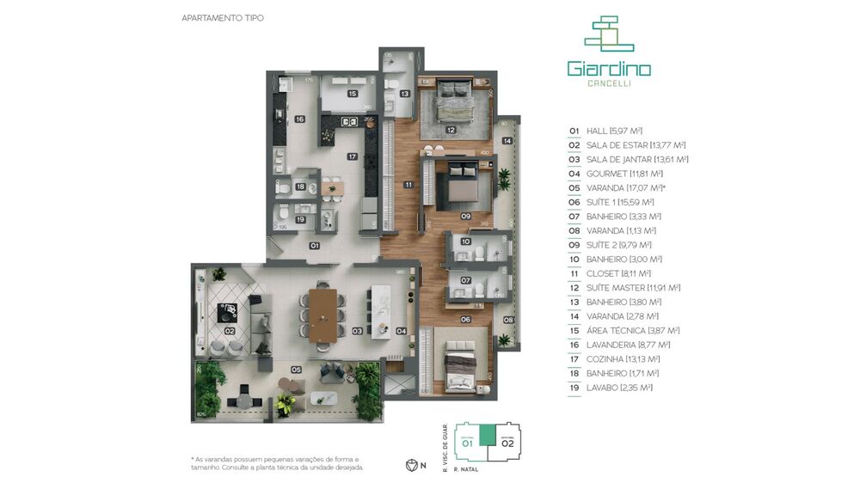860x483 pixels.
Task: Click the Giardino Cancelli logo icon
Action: coord(609,34)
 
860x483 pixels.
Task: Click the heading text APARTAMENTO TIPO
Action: coord(223,17)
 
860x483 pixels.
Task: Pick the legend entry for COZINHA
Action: coord(614,359)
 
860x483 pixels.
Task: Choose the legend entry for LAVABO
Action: coord(611,388)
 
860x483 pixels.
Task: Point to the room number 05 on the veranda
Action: coord(295,370)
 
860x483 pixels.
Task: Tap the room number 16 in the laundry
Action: coord(299,119)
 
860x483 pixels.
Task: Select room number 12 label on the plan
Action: coord(451,131)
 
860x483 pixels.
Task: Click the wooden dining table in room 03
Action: coord(324,316)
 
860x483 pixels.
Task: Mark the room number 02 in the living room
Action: coord(230,330)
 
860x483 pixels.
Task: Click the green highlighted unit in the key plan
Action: coord(488,434)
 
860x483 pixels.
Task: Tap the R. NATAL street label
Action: coord(464,470)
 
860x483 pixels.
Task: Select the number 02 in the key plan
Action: coord(507,443)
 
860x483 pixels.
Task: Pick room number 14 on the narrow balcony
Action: coord(507,140)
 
